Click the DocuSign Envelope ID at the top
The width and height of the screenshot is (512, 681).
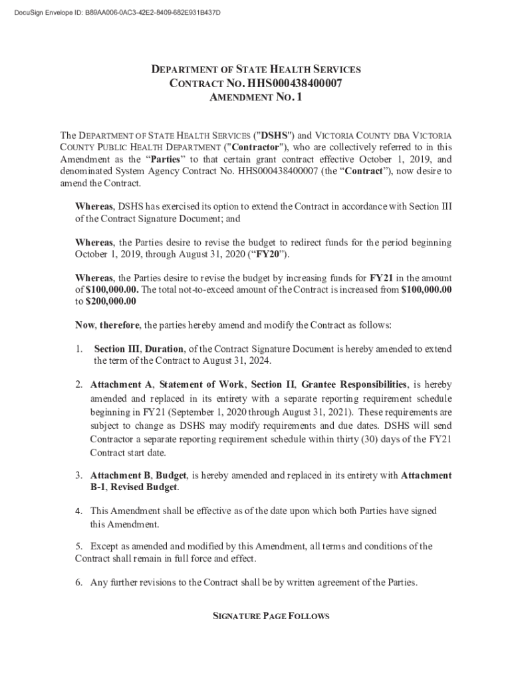pyautogui.click(x=112, y=13)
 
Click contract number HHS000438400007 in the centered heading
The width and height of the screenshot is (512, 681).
pyautogui.click(x=295, y=84)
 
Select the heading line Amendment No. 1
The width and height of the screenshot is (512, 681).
pyautogui.click(x=255, y=98)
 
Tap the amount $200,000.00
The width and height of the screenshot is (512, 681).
pyautogui.click(x=111, y=301)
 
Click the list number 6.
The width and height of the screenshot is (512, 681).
pyautogui.click(x=78, y=583)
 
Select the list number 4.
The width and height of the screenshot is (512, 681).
pyautogui.click(x=78, y=511)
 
